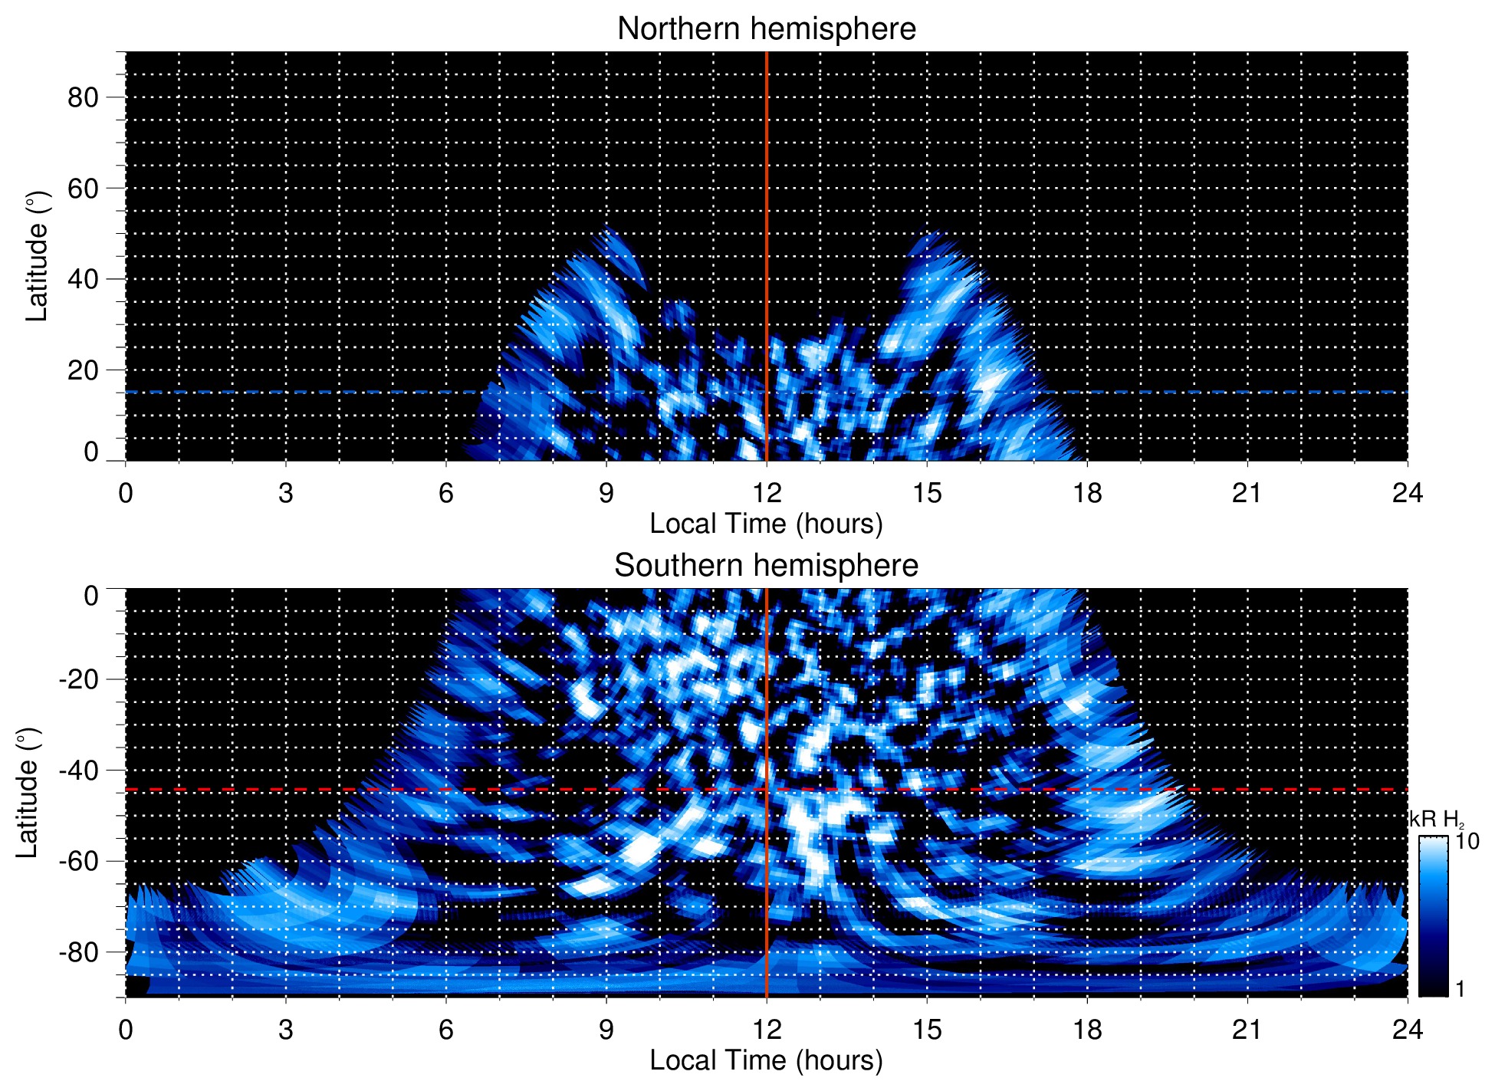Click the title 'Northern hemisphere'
coord(766,29)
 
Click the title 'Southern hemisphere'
coord(766,566)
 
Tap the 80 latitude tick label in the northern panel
coord(83,97)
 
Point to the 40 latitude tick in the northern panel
coord(83,279)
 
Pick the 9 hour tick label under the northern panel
coord(606,493)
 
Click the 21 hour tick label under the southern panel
coord(1247,1030)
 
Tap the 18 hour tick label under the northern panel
coord(1086,493)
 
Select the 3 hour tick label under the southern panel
coord(286,1030)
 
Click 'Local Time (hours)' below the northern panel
coord(766,524)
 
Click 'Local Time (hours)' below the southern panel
coord(766,1060)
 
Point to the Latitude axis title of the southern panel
coord(28,793)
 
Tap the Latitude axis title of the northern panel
coord(37,256)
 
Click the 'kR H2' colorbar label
coord(1436,820)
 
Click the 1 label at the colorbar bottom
coord(1460,989)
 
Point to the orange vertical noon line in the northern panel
coord(767,192)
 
